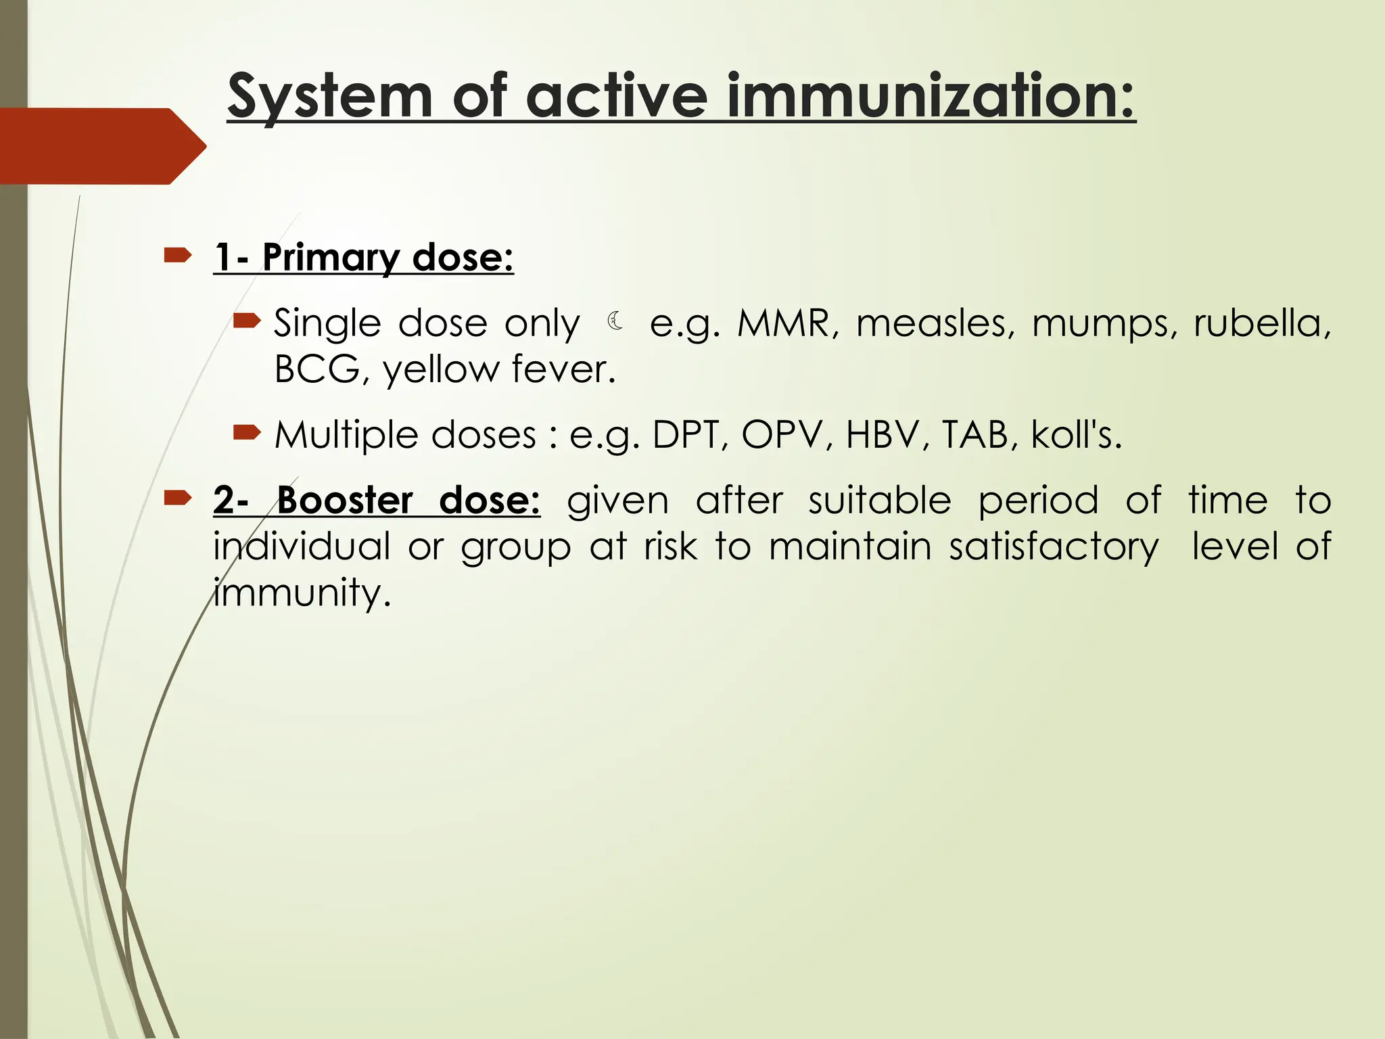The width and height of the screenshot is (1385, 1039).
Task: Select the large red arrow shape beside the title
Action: point(101,145)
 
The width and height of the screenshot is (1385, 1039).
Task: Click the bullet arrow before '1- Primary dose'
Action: point(178,256)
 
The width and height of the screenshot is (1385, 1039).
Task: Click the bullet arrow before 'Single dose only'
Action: point(246,321)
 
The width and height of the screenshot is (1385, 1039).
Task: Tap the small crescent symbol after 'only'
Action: point(615,321)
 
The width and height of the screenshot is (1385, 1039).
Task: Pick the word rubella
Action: point(1262,323)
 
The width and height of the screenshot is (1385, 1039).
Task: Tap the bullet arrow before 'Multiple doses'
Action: point(246,432)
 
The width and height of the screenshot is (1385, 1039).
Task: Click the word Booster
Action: point(345,501)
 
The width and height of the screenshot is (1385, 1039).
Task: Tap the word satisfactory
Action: point(1054,547)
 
